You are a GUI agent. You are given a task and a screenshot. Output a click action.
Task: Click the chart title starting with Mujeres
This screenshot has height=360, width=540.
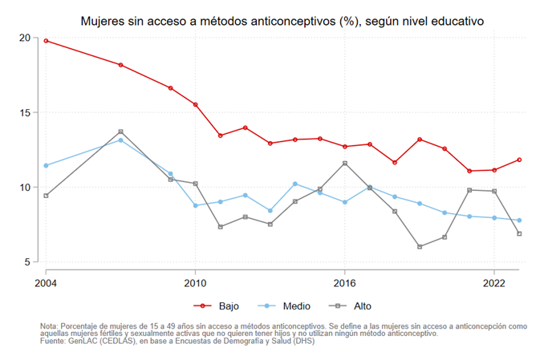click(282, 19)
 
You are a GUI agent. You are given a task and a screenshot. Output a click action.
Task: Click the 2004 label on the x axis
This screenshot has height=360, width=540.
click(46, 282)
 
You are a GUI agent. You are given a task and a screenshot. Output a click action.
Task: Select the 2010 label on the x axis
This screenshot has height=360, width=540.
click(195, 282)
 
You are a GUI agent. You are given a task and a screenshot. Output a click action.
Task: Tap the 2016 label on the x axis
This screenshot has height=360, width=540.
click(345, 282)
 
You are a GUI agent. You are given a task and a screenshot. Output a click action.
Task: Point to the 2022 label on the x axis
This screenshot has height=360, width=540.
click(494, 282)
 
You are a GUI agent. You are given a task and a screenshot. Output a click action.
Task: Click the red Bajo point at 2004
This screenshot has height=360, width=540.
click(46, 40)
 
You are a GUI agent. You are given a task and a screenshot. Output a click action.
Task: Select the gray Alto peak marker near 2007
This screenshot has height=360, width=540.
click(120, 131)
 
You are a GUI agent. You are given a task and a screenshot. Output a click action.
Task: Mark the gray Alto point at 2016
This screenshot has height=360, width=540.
click(345, 164)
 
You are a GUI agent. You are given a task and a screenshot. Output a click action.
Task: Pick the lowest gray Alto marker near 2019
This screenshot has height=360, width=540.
click(420, 247)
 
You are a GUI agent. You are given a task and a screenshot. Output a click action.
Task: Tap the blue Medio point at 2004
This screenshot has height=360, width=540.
click(46, 166)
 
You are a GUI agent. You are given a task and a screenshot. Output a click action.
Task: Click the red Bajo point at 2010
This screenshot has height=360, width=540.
click(195, 104)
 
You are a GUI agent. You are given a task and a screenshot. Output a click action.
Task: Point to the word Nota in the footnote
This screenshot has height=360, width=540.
click(50, 326)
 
